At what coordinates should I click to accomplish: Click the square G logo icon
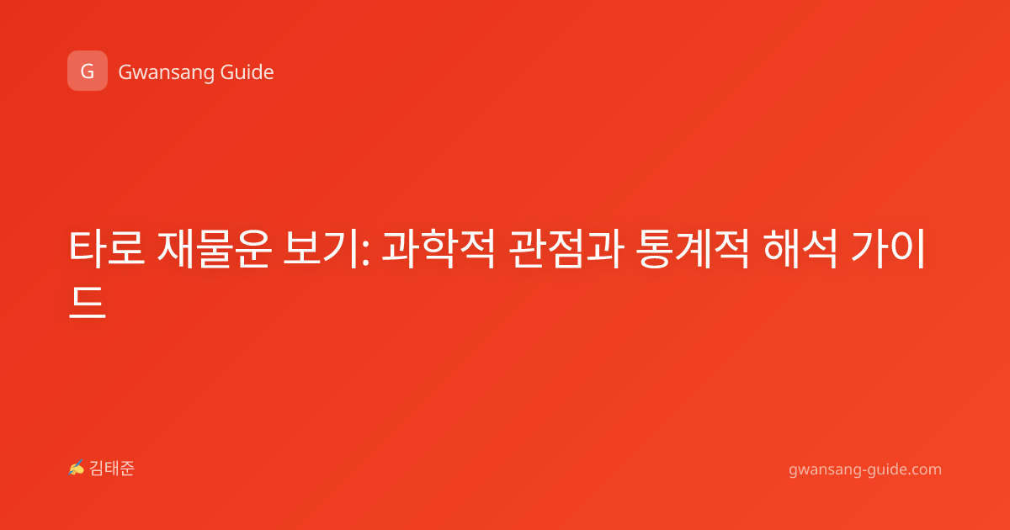pyautogui.click(x=88, y=71)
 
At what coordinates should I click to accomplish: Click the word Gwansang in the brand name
pyautogui.click(x=166, y=73)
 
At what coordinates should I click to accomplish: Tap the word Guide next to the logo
pyautogui.click(x=247, y=72)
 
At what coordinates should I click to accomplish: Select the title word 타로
pyautogui.click(x=107, y=248)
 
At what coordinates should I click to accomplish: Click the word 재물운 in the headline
pyautogui.click(x=214, y=248)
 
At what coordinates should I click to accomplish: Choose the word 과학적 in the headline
pyautogui.click(x=439, y=248)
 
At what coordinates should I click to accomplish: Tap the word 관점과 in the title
pyautogui.click(x=566, y=248)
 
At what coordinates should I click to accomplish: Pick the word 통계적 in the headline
pyautogui.click(x=693, y=248)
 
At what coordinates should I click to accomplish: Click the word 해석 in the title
pyautogui.click(x=800, y=248)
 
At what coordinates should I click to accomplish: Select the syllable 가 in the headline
pyautogui.click(x=869, y=248)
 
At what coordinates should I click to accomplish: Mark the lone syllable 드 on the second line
pyautogui.click(x=87, y=302)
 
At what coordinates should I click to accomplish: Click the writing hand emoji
pyautogui.click(x=77, y=468)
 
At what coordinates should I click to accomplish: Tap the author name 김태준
pyautogui.click(x=112, y=469)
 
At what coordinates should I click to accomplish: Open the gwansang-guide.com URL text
pyautogui.click(x=865, y=469)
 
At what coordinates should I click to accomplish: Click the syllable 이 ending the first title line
pyautogui.click(x=906, y=248)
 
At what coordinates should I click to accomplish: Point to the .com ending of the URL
pyautogui.click(x=922, y=469)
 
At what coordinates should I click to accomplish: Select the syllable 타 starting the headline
pyautogui.click(x=87, y=248)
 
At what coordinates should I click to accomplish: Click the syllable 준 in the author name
pyautogui.click(x=127, y=469)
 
